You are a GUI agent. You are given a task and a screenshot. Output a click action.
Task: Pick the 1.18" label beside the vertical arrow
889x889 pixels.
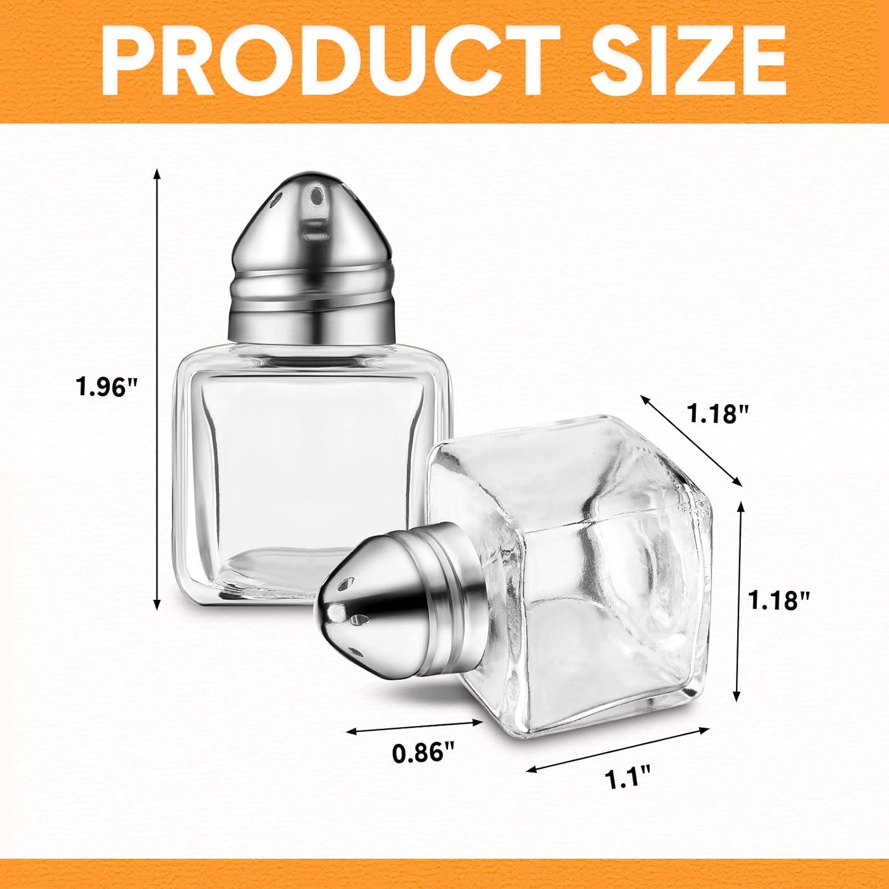pos(779,600)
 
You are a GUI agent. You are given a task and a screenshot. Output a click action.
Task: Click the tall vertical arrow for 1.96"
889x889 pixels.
pos(157,388)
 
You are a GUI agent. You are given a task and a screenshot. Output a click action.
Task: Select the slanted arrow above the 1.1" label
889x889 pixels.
pos(618,749)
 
